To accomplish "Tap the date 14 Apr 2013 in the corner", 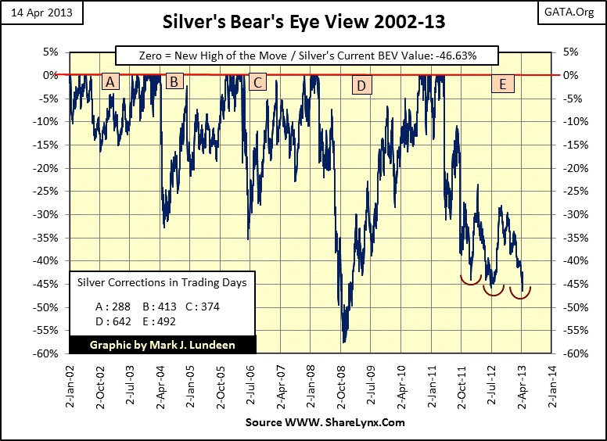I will (36, 13).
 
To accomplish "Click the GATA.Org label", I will (577, 13).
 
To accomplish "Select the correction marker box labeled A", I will (110, 81).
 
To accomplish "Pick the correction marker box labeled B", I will (174, 81).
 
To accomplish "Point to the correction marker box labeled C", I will (257, 81).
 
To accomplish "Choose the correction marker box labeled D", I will (361, 85).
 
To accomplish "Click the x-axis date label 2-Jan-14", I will (551, 384).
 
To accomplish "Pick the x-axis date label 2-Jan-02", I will (70, 384).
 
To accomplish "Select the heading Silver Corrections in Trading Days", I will (156, 283).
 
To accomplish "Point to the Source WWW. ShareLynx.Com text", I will (325, 422).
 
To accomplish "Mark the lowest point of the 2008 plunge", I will (343, 342).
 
